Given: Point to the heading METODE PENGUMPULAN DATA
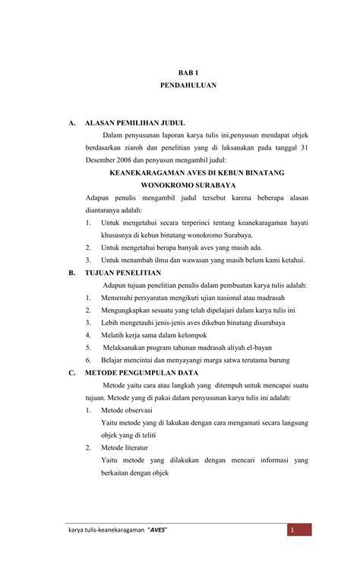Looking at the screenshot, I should pos(141,372).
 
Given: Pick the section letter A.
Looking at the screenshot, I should pos(71,122).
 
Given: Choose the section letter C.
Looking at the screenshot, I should pos(71,372).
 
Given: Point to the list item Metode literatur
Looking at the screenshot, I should pos(125,447).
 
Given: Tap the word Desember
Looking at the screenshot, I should pos(102,160).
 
